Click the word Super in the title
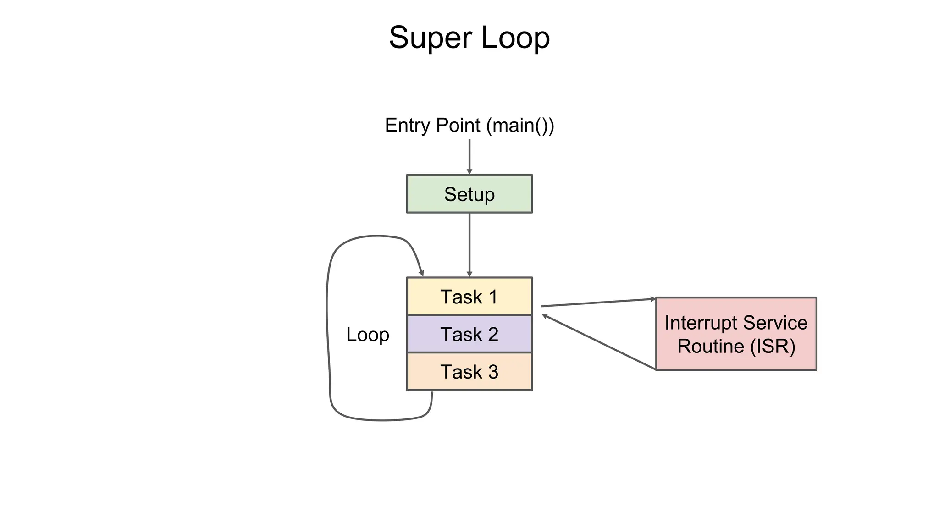(430, 38)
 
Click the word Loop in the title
(515, 38)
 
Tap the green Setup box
(469, 194)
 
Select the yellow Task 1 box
(469, 297)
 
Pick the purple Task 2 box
(469, 334)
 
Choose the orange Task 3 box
(469, 372)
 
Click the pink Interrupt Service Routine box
(736, 334)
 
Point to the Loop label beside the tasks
(367, 334)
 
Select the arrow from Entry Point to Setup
(469, 156)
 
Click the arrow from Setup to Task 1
(469, 245)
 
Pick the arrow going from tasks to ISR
(598, 302)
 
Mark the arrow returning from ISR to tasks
(598, 341)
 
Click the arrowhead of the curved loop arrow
(421, 273)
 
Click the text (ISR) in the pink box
(773, 346)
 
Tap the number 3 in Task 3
(493, 372)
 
